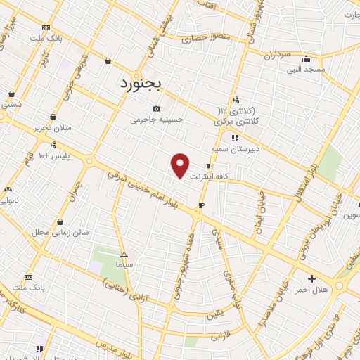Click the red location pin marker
[x=181, y=165]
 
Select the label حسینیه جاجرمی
[x=157, y=120]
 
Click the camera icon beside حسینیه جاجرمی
[x=156, y=108]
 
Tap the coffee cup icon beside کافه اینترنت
[x=209, y=167]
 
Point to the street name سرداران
[x=276, y=53]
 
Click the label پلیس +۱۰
[x=55, y=155]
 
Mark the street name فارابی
[x=220, y=335]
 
